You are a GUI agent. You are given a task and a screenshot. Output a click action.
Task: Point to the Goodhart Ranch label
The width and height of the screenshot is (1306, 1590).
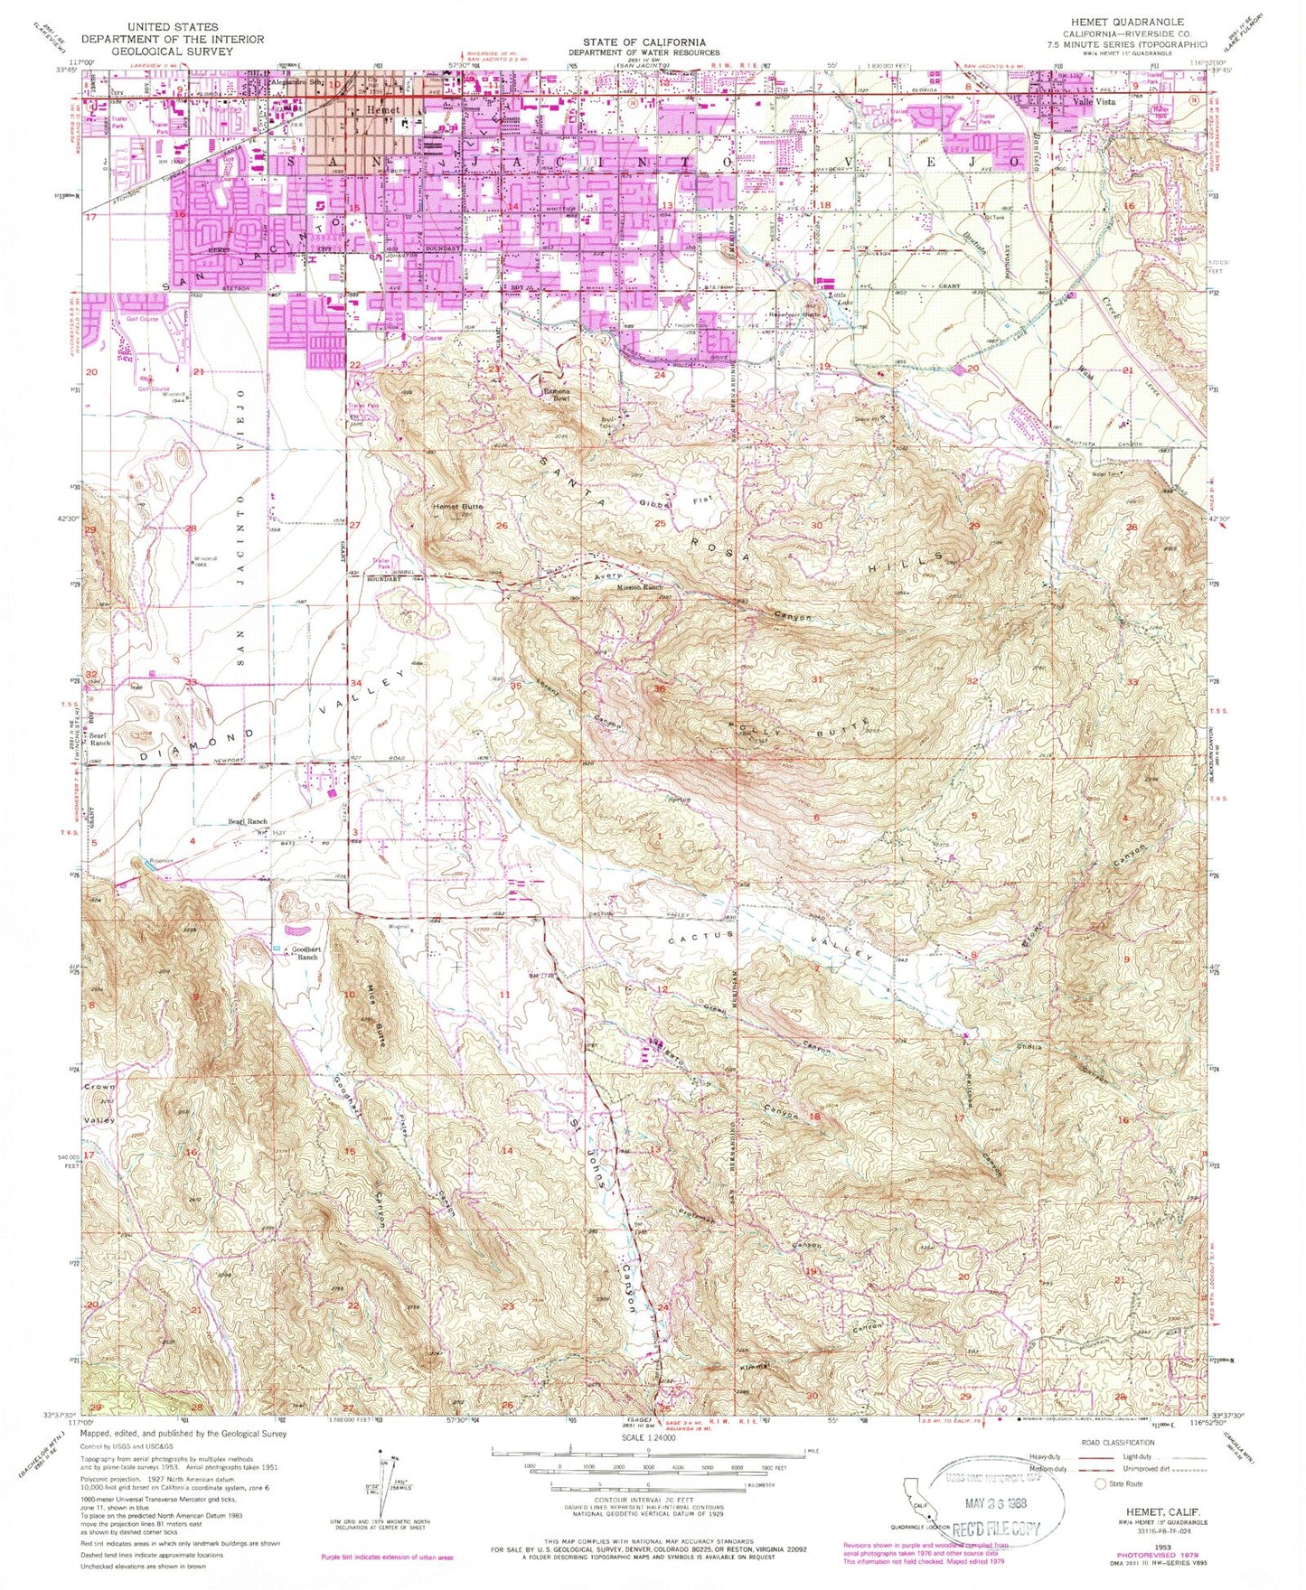coord(304,953)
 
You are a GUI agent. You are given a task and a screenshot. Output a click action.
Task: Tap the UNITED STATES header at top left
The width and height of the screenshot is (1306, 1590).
coord(173,28)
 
